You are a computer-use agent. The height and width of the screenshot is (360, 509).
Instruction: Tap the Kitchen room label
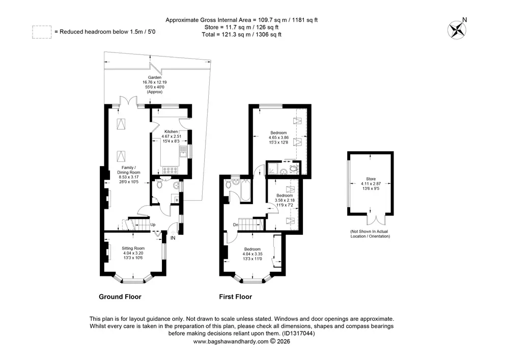click(x=172, y=131)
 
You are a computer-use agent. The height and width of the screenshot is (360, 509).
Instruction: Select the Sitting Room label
click(x=133, y=248)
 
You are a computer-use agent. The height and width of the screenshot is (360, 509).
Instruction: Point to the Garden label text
click(x=155, y=77)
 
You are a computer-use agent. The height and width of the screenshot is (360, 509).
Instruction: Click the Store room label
click(x=371, y=179)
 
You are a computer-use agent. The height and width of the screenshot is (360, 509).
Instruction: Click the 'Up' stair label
click(x=153, y=225)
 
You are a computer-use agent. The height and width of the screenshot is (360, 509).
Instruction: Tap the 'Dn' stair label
click(x=236, y=225)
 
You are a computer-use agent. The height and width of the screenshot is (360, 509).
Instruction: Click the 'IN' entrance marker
click(x=173, y=238)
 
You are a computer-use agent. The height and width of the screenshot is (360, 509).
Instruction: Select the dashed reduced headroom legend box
click(x=42, y=32)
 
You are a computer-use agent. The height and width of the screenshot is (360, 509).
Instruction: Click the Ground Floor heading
click(x=120, y=297)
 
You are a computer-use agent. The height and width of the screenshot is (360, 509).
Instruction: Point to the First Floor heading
click(x=235, y=297)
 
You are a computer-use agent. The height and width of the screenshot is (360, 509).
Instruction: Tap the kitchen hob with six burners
click(x=171, y=171)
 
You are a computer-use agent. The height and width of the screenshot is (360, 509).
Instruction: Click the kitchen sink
click(x=183, y=152)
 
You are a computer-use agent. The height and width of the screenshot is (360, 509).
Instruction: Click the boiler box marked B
click(x=177, y=200)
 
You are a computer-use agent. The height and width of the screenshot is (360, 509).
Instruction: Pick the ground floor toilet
click(x=159, y=184)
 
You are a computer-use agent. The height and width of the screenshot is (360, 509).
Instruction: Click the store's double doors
click(x=377, y=220)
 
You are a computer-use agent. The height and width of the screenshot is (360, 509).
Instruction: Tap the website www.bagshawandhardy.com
click(x=231, y=342)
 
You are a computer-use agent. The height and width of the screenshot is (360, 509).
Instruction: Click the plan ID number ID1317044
click(x=297, y=334)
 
